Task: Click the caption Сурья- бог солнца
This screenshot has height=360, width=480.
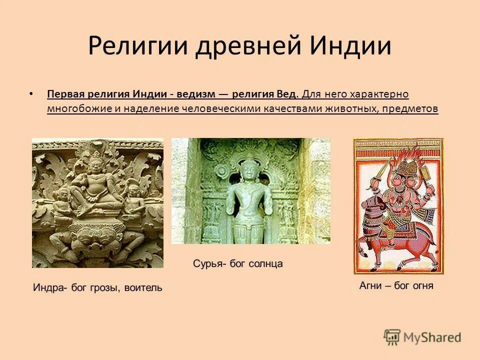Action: tap(237, 263)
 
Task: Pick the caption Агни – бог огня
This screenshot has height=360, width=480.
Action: tap(396, 286)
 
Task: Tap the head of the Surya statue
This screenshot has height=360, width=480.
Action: tap(248, 169)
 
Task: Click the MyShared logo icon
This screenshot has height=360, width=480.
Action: tap(392, 337)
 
